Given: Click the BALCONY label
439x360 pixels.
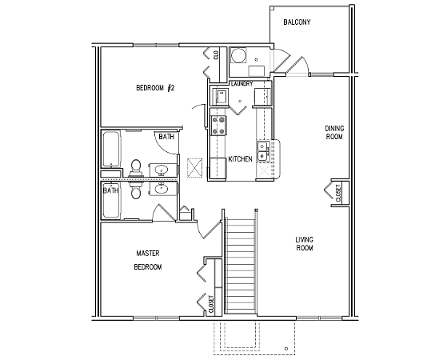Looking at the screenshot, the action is click(x=297, y=22).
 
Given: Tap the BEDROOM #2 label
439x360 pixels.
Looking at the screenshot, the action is click(x=155, y=88).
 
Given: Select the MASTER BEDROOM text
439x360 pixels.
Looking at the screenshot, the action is click(x=148, y=260).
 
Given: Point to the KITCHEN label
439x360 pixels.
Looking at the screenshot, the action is click(x=240, y=159).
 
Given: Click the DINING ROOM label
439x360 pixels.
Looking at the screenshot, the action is click(x=334, y=133).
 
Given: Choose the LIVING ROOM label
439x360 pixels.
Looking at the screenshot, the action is click(x=305, y=244).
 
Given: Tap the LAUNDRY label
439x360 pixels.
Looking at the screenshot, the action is click(x=242, y=83).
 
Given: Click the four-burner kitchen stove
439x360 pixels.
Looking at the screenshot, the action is click(x=218, y=126).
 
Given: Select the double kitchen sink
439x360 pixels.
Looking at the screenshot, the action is click(x=262, y=151).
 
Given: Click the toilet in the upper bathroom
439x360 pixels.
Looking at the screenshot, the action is click(x=136, y=167).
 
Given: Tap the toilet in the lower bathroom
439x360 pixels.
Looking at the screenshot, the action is click(x=136, y=190).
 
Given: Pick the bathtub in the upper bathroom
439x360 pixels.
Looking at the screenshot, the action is click(x=111, y=150).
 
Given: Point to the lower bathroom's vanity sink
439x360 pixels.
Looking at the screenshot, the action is click(x=162, y=188).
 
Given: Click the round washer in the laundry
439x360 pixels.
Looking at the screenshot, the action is click(x=238, y=56).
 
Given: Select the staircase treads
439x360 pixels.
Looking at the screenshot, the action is click(x=241, y=265).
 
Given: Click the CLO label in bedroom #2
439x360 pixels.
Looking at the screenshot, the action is click(x=216, y=55).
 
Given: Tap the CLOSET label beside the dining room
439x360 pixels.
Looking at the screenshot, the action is click(x=338, y=193).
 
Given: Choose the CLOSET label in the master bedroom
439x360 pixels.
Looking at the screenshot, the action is click(x=212, y=304).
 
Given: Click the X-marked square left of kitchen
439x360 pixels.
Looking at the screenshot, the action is click(x=194, y=167).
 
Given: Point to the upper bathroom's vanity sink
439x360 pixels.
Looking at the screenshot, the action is click(x=162, y=170).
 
